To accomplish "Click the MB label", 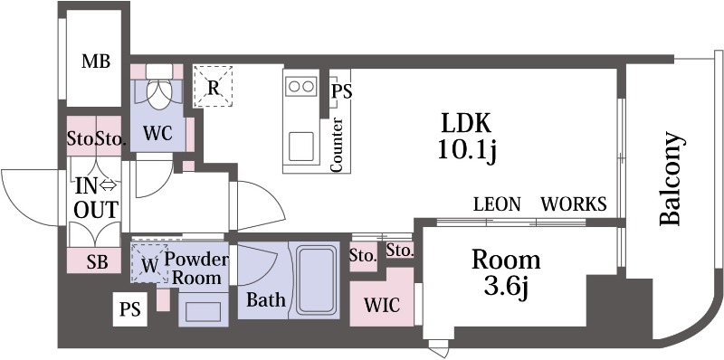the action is coord(96,61).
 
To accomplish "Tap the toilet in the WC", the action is coord(159,88).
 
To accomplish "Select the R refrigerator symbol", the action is coord(213,86).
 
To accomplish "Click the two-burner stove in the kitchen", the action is coord(301,86).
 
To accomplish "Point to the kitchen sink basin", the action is coord(301,147).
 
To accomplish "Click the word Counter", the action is coord(337,145).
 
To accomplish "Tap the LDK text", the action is coord(465,123).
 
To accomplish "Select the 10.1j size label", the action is coord(466,151).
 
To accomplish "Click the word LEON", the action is coord(497,204).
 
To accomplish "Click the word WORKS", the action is coord(574,204).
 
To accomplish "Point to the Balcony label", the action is coord(670,179).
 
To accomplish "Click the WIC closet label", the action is coord(382,305).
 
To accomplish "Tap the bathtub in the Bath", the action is coord(316,279).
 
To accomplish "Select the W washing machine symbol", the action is coord(149,263).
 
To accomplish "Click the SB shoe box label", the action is coord(97,261).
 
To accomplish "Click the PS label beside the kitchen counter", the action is coord(342,91).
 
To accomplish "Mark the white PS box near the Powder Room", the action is coord(130,309).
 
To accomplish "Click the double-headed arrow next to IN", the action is coord(109,186).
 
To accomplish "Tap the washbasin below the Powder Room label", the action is coord(203,312).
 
